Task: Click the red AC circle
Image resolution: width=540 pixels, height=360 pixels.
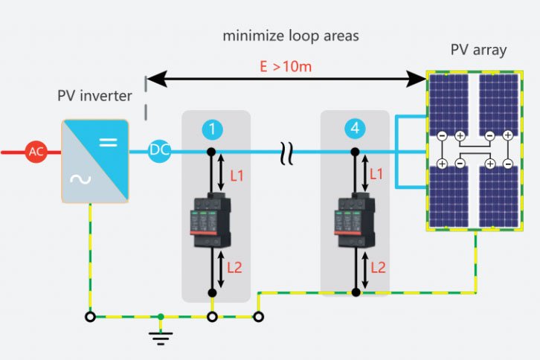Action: pos(36,152)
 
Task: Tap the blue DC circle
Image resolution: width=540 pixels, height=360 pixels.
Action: pos(159,151)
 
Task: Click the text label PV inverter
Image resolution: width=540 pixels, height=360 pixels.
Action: pos(94,96)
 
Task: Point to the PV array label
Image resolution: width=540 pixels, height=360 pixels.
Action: pos(478,51)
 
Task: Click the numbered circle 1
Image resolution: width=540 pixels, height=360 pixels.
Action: pos(212,129)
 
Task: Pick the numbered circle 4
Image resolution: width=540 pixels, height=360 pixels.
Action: pos(355,129)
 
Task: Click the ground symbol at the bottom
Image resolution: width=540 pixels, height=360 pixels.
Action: pos(161,334)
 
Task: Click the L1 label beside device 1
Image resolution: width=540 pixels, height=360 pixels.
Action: pos(237,176)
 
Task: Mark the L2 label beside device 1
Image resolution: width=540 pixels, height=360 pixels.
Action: pos(237,266)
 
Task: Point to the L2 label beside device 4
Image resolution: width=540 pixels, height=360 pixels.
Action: pos(378,266)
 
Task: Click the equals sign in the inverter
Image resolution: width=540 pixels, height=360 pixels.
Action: pos(109,140)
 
